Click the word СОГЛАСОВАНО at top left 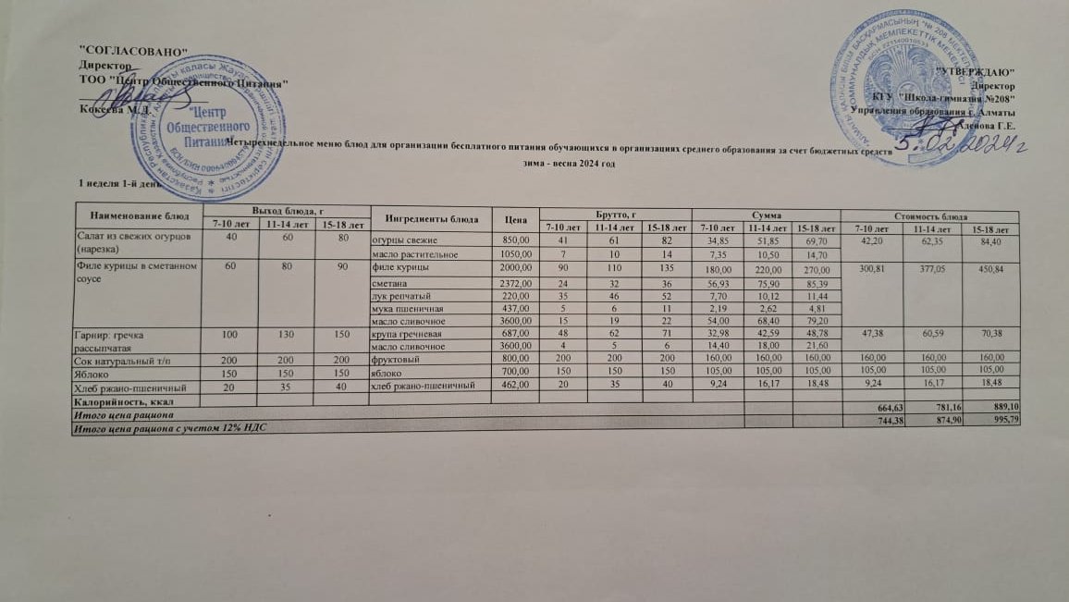(134, 50)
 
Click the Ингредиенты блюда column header (424, 220)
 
